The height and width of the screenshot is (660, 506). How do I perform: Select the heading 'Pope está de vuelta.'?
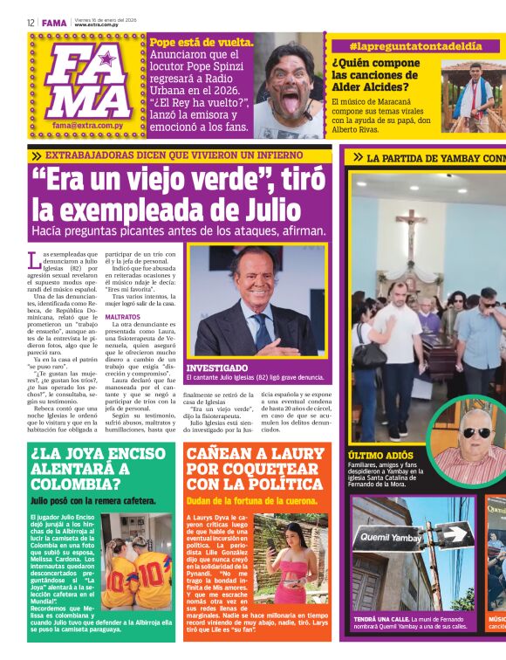(x=202, y=42)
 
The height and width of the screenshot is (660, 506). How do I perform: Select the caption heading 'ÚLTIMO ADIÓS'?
(x=381, y=456)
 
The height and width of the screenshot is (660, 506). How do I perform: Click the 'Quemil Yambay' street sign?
(x=393, y=539)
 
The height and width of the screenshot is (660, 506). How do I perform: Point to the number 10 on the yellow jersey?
(x=153, y=575)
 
